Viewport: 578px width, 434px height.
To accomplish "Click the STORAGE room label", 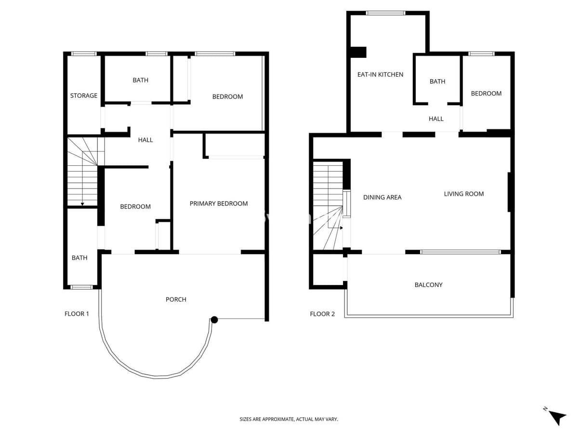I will tap(84, 95).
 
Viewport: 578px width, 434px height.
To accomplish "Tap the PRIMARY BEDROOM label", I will tap(219, 203).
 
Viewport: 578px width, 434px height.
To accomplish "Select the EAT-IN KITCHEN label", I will tap(380, 74).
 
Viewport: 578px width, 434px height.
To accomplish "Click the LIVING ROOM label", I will tap(464, 194).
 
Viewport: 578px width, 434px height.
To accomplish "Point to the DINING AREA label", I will tap(382, 197).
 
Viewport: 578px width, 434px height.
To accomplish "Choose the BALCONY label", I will tap(428, 285).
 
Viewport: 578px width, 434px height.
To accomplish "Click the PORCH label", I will tap(176, 299).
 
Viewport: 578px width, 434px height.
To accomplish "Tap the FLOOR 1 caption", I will tap(77, 314).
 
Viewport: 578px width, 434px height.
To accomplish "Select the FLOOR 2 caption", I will tap(322, 314).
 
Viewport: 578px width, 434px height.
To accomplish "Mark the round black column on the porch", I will tap(214, 319).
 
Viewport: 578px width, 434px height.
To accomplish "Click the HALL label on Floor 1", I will tap(145, 140).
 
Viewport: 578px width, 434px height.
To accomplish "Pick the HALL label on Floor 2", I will tap(436, 119).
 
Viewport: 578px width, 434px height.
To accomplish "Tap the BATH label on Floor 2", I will tap(437, 81).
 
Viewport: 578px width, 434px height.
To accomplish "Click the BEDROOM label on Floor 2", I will tap(486, 94).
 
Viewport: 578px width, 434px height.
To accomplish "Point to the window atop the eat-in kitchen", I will tap(385, 13).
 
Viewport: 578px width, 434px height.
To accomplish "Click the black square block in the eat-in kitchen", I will tap(358, 52).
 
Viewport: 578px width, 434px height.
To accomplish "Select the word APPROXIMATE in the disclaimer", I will tap(277, 420).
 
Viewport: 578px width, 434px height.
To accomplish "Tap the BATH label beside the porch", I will tap(79, 258).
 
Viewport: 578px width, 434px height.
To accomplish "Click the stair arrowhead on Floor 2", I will tap(341, 228).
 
